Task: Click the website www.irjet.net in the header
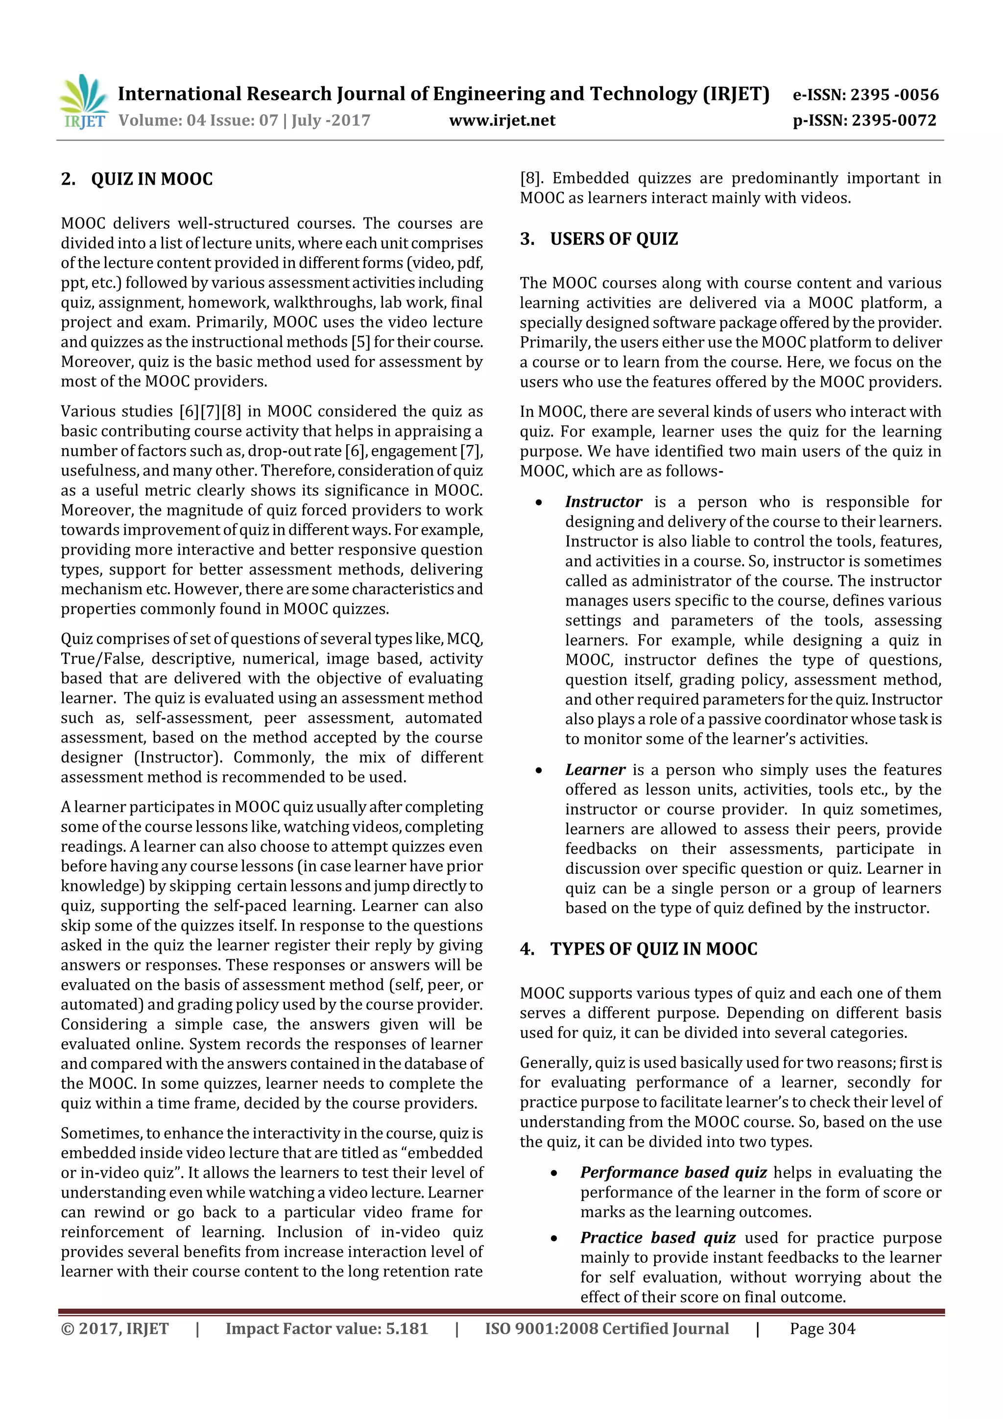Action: pos(502,120)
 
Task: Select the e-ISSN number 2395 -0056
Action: pos(894,95)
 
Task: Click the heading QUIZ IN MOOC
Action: pos(151,180)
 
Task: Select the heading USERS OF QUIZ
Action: pos(614,239)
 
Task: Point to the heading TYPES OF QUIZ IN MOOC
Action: pos(653,949)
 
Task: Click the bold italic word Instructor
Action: pos(603,502)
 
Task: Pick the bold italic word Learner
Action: pos(595,770)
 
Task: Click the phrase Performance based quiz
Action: pos(673,1173)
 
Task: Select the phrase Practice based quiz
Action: pos(658,1238)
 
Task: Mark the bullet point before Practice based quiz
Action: pos(554,1239)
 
